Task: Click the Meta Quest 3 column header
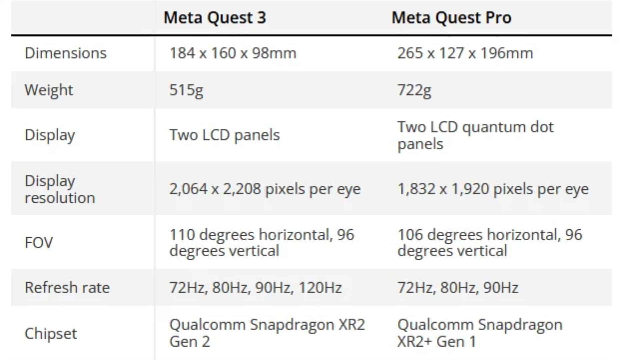(x=215, y=18)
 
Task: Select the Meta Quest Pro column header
(x=451, y=18)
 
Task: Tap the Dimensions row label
(x=66, y=53)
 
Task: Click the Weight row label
(x=49, y=90)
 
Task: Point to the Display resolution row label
(x=60, y=189)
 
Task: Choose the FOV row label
(x=39, y=242)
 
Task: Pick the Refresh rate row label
(x=67, y=287)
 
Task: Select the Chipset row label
(x=51, y=333)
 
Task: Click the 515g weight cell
(x=186, y=90)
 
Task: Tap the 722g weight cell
(x=414, y=90)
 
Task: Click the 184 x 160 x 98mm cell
(x=233, y=53)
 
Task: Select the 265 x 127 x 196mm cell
(x=465, y=53)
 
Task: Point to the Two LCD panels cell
(x=224, y=135)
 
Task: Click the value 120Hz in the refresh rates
(x=320, y=287)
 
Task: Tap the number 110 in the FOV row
(x=182, y=235)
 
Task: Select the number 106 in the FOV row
(x=410, y=235)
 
